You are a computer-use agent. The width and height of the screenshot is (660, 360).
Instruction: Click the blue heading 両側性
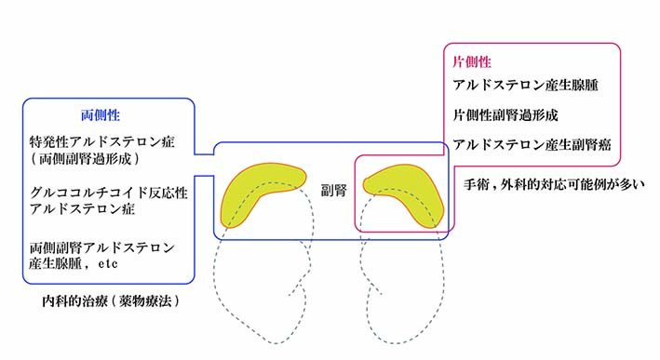tap(101, 115)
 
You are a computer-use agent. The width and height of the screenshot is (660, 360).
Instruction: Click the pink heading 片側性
tap(472, 62)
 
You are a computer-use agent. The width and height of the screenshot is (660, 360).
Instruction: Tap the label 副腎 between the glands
tap(334, 191)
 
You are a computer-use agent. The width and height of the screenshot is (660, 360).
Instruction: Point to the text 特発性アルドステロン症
tap(101, 141)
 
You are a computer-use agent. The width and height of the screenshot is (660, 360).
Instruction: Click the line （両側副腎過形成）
tap(85, 159)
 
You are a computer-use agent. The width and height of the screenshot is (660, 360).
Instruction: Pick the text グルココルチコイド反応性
tap(109, 193)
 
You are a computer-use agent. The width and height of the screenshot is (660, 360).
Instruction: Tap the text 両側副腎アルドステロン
tap(101, 247)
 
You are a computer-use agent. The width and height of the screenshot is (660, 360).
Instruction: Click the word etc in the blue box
tap(108, 264)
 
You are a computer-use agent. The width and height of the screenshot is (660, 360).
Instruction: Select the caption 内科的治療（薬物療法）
tap(111, 301)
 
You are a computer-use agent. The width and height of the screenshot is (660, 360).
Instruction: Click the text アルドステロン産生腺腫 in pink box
tap(525, 85)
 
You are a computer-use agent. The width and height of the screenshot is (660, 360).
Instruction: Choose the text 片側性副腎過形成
tap(505, 114)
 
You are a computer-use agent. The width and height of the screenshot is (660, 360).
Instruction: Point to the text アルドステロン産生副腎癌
tap(532, 145)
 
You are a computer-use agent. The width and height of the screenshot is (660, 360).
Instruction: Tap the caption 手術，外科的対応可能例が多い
tap(555, 184)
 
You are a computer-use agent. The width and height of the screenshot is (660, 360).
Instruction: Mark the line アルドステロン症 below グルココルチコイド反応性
tap(82, 208)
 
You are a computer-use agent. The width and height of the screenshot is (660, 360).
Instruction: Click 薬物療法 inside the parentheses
tap(145, 301)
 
